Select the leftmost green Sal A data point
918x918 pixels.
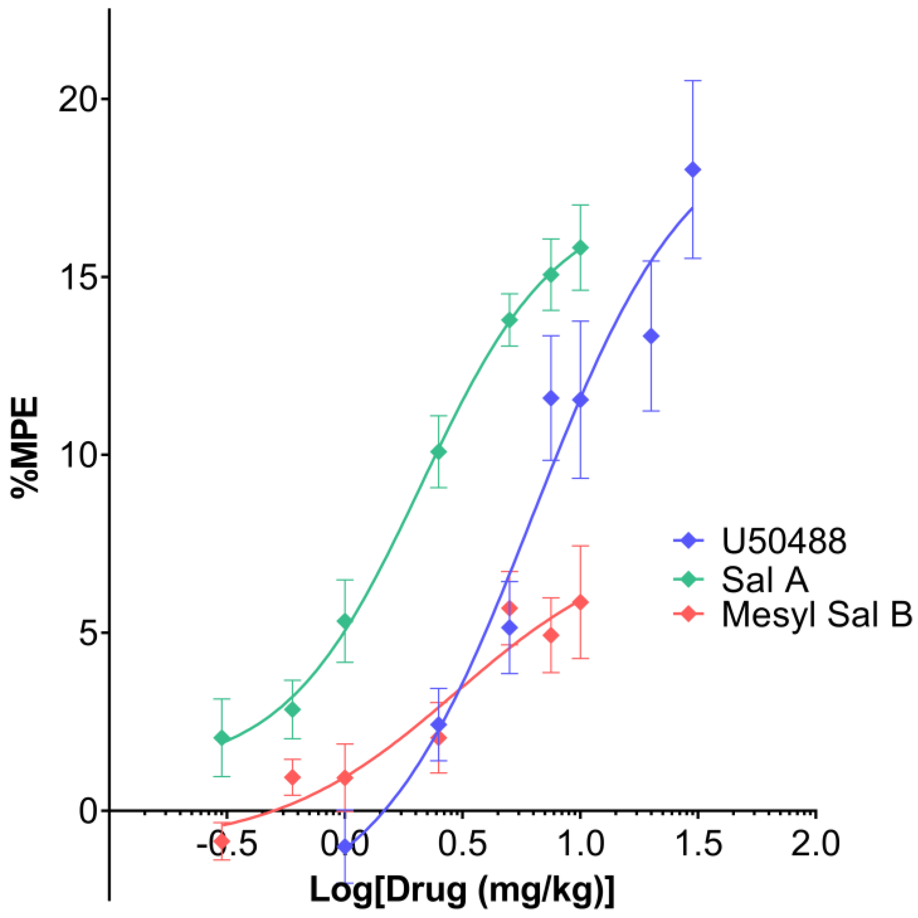tap(221, 738)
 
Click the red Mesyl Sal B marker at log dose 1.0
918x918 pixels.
tap(580, 603)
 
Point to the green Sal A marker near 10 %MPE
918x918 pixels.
tap(439, 451)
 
